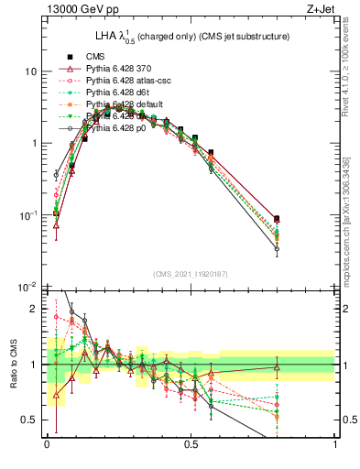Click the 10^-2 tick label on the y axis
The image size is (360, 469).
[x=26, y=288]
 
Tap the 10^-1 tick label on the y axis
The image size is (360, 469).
[x=26, y=215]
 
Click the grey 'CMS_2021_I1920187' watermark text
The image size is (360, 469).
[x=191, y=274]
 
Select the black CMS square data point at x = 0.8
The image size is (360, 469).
[x=277, y=219]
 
